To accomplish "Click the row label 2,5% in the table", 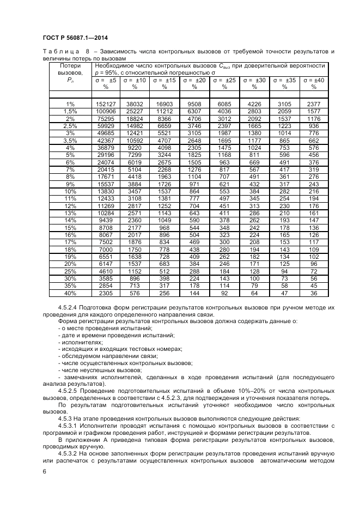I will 70,126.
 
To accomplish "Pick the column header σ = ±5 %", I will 106,83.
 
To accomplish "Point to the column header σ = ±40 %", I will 314,83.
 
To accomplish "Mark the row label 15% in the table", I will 70,228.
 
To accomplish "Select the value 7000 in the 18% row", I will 106,249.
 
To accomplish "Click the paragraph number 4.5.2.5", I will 69,391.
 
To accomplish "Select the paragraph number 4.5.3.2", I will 69,454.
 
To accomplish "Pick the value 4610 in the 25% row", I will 106,270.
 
